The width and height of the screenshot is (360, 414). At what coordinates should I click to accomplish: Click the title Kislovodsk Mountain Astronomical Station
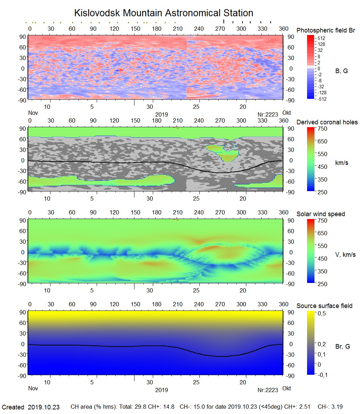[163, 13]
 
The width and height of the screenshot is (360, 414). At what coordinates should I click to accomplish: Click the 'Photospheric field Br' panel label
[325, 30]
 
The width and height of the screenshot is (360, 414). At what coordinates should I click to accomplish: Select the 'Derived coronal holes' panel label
[327, 122]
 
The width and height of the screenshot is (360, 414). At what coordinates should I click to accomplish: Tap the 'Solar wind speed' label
[320, 214]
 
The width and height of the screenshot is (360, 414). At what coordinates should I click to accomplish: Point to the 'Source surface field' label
[324, 306]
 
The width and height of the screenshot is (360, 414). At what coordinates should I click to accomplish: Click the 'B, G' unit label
[341, 71]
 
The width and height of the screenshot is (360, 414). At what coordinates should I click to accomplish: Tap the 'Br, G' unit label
[342, 347]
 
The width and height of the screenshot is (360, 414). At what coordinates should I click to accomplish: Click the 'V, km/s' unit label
[345, 255]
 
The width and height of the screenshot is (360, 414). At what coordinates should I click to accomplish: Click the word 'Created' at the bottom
[13, 407]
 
